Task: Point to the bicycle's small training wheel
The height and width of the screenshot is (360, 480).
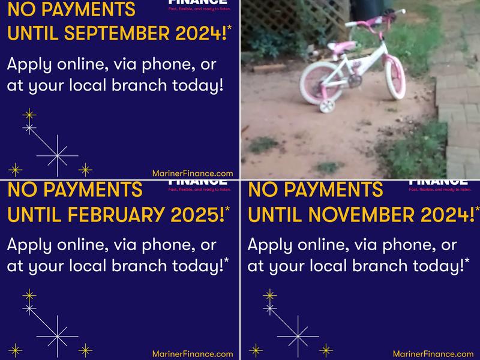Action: [x=327, y=106]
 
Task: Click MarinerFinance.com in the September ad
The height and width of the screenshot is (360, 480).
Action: [x=192, y=173]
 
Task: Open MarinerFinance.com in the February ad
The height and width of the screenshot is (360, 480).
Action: [x=192, y=354]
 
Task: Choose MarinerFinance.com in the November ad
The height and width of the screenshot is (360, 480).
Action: [x=433, y=354]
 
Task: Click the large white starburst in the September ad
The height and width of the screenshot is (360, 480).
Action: [x=57, y=156]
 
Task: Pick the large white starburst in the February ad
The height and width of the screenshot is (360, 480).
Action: [x=57, y=337]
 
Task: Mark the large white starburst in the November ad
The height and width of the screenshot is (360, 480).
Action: [x=298, y=337]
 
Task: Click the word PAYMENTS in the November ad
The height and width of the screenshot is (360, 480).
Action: [x=337, y=190]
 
